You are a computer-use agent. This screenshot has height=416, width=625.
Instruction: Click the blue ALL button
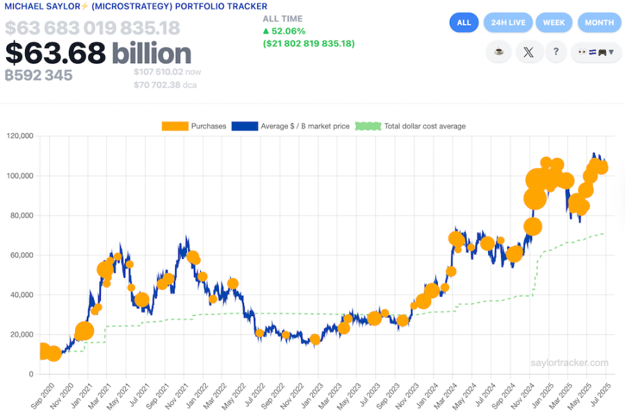point(464,22)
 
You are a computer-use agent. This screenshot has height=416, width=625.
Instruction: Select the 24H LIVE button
point(508,22)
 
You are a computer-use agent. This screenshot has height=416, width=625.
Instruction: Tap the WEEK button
point(553,22)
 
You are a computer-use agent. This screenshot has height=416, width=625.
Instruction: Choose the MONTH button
point(599,22)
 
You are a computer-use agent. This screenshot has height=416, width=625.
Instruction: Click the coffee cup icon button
point(498,52)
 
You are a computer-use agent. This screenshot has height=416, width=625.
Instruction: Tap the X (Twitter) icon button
point(529,52)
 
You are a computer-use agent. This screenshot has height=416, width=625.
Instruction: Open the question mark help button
point(556,52)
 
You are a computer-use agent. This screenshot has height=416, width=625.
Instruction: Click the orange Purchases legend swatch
point(176,126)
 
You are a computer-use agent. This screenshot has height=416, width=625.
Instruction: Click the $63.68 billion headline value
point(98,53)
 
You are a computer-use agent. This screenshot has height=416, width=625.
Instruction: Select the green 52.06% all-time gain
point(284,31)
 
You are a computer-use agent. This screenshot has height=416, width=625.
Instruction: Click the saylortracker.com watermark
point(569,363)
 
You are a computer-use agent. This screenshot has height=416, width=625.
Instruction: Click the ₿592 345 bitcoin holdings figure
point(39,75)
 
